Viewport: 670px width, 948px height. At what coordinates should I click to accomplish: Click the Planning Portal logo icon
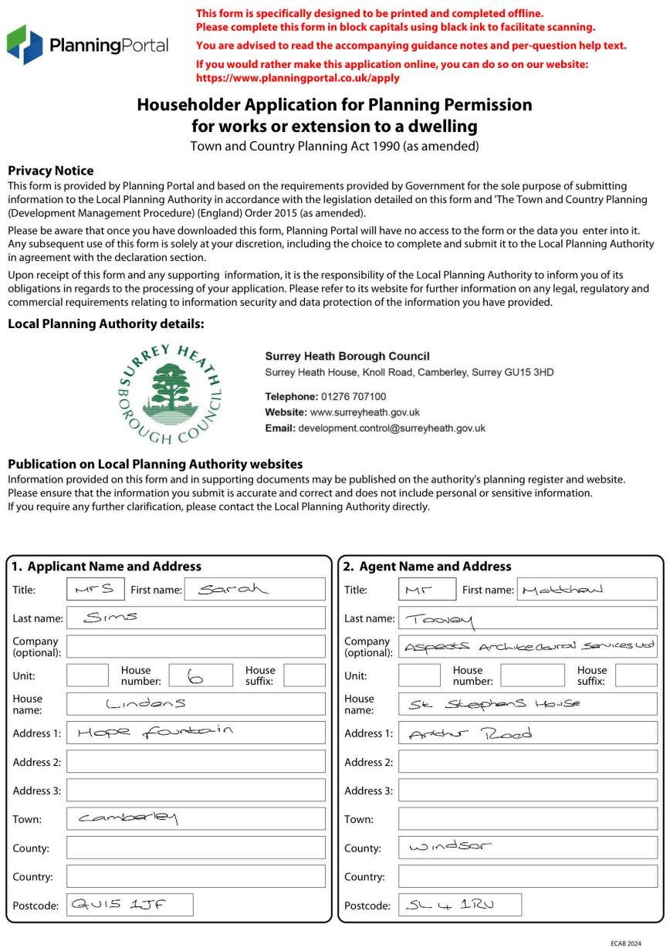click(25, 45)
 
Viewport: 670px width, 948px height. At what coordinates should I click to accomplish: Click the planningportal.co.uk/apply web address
click(298, 78)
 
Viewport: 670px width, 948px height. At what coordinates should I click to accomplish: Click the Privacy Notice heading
click(50, 171)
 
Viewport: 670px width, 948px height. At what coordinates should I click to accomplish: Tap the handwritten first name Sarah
click(232, 590)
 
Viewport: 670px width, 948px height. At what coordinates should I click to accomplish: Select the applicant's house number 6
click(196, 676)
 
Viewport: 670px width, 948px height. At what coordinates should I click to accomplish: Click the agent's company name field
click(528, 646)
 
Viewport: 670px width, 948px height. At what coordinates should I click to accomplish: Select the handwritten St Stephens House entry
click(494, 703)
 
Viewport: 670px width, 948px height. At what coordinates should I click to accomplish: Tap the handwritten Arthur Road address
click(470, 733)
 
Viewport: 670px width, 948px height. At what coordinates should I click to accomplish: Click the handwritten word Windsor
click(449, 847)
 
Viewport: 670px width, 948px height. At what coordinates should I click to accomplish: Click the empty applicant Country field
click(195, 876)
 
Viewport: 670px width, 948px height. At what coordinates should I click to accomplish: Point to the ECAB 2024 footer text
click(625, 943)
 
